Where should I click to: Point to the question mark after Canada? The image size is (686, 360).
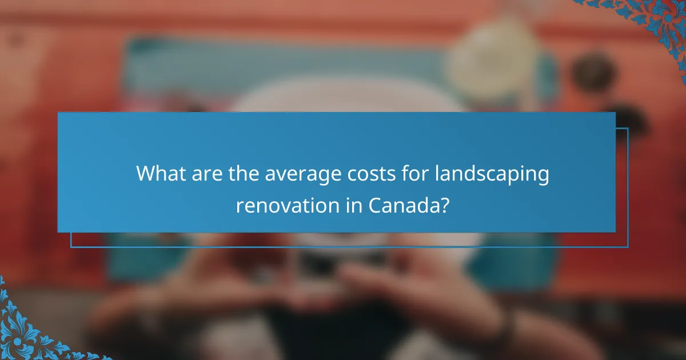pos(445,204)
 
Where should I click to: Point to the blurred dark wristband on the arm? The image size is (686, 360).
pos(503,326)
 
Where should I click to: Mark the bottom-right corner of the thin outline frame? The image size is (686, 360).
pos(628,247)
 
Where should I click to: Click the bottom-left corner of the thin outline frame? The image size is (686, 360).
pos(71,247)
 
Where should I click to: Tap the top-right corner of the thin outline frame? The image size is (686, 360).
pos(628,129)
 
